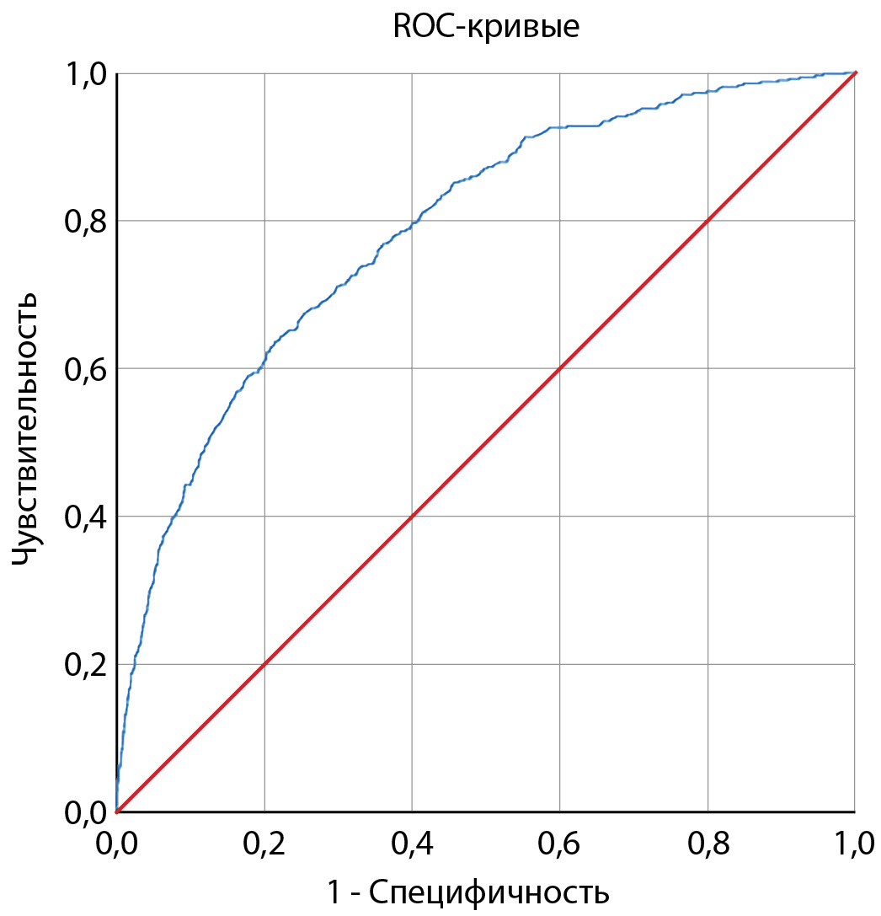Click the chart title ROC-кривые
click(486, 27)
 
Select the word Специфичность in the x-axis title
click(489, 892)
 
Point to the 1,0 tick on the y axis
click(87, 74)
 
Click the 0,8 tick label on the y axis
click(87, 222)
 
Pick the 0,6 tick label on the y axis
click(87, 369)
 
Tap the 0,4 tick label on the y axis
click(87, 517)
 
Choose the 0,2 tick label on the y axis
click(87, 665)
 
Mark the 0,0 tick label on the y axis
click(87, 812)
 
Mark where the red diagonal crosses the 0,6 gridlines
click(560, 368)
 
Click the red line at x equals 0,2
click(264, 664)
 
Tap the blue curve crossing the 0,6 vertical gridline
click(560, 127)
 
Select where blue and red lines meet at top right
click(855, 73)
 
